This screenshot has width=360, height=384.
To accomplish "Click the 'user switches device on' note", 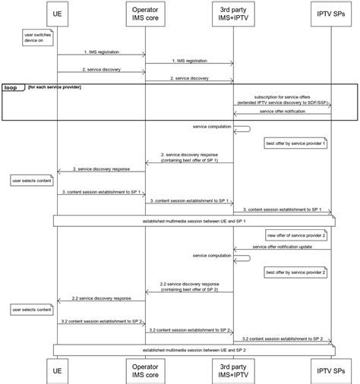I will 36,37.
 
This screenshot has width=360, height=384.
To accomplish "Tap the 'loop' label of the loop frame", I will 11,88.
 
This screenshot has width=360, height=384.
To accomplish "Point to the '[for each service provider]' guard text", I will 54,87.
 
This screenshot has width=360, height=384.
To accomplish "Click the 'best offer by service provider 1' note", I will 295,143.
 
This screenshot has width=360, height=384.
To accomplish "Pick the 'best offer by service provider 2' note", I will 295,271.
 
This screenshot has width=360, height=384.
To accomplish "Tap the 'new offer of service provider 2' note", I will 296,235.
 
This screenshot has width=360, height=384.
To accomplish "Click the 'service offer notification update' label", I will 282,246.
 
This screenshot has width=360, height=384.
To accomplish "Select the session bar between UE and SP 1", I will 194,221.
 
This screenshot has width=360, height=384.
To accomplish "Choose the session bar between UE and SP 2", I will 194,349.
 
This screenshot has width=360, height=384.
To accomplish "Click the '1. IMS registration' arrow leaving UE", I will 101,55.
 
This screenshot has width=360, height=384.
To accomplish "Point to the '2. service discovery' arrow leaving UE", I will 101,72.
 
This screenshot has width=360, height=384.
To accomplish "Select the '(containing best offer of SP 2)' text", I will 189,289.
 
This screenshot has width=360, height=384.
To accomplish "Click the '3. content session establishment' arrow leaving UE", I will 101,194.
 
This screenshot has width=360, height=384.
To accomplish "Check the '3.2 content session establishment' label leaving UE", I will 101,321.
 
